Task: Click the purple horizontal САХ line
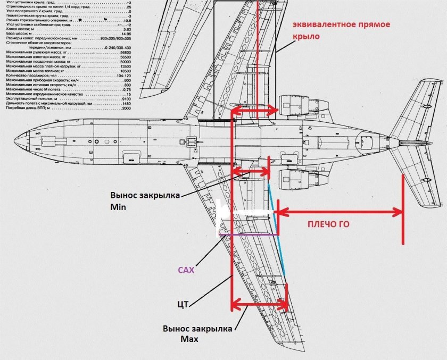pos(247,234)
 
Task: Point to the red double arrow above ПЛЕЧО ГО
pos(341,213)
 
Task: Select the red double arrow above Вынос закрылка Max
pos(260,305)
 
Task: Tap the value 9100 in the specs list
pos(126,99)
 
